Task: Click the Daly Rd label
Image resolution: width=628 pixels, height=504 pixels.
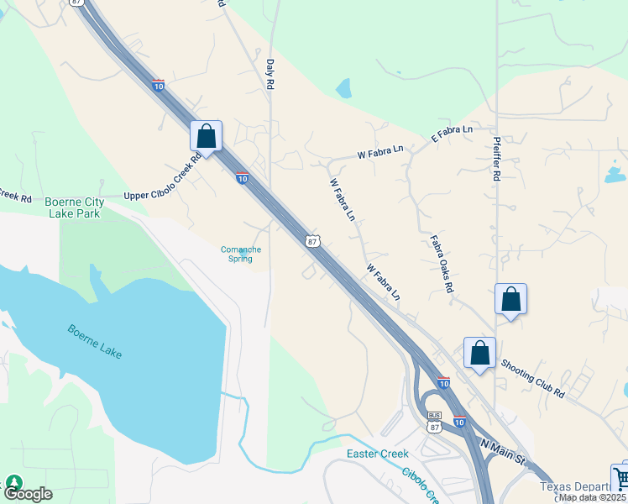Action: [270, 74]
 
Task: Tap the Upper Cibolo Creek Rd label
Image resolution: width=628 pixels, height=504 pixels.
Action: [162, 177]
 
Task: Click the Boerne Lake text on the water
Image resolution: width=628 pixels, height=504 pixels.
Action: [95, 341]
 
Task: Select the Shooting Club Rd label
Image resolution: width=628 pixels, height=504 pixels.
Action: [533, 379]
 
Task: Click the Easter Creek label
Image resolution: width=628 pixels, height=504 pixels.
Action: [378, 454]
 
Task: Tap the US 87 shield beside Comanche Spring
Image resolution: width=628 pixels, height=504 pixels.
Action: [312, 241]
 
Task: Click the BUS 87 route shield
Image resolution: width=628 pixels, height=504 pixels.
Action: [434, 422]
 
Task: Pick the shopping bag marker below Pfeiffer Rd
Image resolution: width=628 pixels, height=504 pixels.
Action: [510, 298]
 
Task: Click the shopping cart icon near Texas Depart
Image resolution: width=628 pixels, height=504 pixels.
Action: [621, 479]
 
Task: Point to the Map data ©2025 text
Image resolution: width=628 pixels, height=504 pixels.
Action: [592, 497]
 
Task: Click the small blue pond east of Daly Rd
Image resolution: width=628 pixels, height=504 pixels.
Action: [343, 87]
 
